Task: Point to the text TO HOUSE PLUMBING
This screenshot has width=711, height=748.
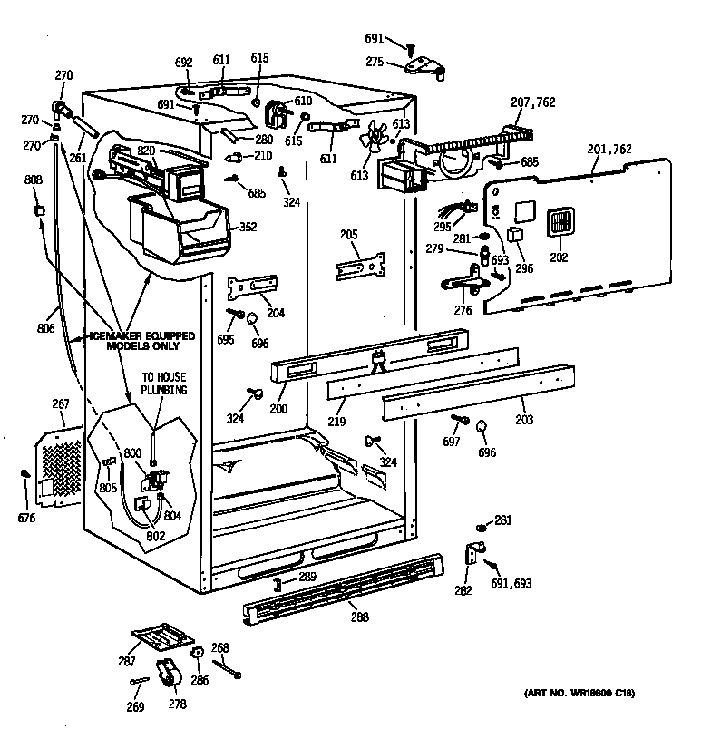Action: pos(163,384)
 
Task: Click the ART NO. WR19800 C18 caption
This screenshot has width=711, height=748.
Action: pos(579,694)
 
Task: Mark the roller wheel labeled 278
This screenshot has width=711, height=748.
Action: pos(168,675)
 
